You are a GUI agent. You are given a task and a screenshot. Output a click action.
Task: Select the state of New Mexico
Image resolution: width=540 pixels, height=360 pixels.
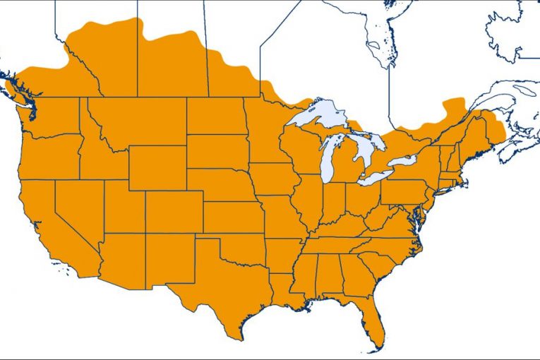point(169,258)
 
